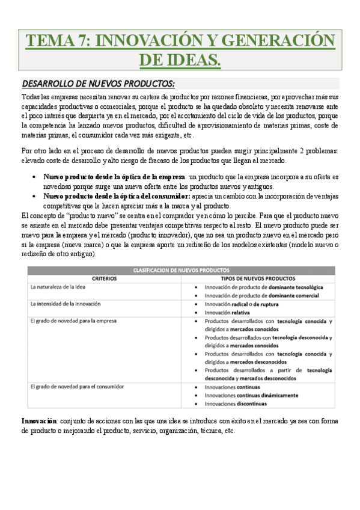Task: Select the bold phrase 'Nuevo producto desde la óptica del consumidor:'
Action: pos(117,196)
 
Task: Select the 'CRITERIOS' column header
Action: pos(104,278)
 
